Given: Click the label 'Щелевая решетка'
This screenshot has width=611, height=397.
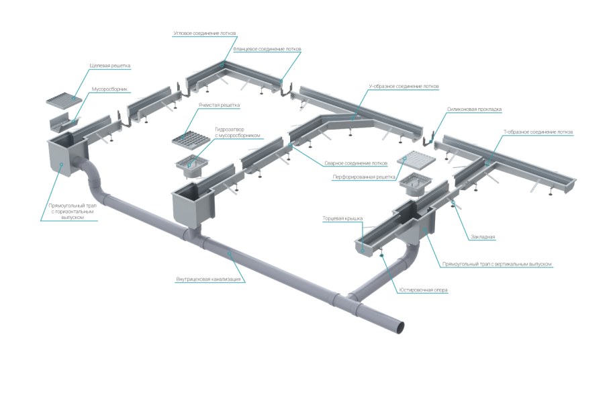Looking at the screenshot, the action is coord(110,66).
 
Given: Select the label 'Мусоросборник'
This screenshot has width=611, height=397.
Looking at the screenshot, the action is coord(109,89).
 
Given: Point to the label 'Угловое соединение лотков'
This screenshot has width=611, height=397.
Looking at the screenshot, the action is coord(205,34).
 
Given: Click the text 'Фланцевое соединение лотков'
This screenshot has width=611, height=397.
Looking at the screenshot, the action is coord(267,49).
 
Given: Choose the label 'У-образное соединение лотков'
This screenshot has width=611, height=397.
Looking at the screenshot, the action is coord(404,86).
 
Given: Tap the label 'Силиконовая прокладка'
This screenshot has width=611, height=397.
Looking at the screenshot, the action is coord(474,109).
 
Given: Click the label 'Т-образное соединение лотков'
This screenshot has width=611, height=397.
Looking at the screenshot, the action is coord(538,132).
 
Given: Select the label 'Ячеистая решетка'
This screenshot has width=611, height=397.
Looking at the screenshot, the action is coord(219,105).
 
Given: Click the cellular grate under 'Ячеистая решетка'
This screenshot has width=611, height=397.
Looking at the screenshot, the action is coord(191,139).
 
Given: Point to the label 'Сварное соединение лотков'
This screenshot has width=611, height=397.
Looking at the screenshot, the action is coord(356,163).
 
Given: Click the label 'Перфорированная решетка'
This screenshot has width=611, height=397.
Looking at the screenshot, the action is coord(364,177).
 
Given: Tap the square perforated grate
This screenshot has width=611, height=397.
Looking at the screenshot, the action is coord(415,161).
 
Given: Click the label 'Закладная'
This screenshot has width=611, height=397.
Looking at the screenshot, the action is coord(483,236).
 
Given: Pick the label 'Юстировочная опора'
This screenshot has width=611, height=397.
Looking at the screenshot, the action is coord(423,290).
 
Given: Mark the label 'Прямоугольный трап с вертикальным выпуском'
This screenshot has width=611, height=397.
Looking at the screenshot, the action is coord(497,264).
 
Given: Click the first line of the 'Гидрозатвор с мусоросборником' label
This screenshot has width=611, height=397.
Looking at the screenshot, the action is coord(230,130).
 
